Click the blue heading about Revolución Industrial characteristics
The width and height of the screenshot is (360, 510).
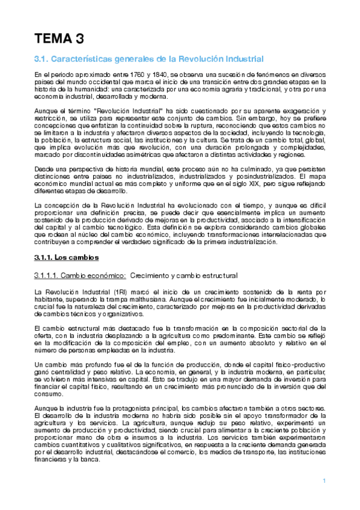(x=148, y=60)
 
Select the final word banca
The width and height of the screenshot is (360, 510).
(x=93, y=461)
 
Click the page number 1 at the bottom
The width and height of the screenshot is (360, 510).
(x=324, y=481)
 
